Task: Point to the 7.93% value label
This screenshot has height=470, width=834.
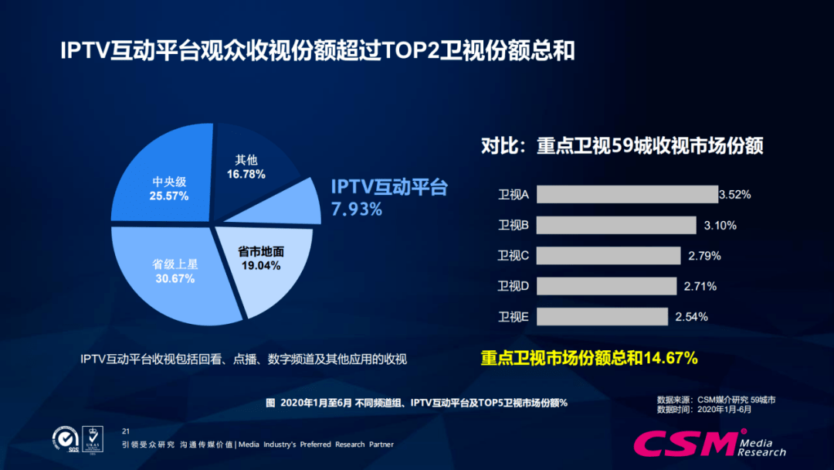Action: pyautogui.click(x=357, y=209)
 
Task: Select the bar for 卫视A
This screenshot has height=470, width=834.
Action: pyautogui.click(x=626, y=194)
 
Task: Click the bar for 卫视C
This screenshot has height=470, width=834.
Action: pyautogui.click(x=608, y=255)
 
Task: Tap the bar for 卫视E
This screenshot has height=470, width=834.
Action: pyautogui.click(x=602, y=316)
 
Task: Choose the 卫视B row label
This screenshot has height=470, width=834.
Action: pyautogui.click(x=513, y=225)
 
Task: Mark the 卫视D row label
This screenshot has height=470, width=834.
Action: pyautogui.click(x=513, y=286)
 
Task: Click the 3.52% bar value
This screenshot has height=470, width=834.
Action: pyautogui.click(x=735, y=195)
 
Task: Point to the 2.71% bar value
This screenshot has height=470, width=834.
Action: pyautogui.click(x=700, y=287)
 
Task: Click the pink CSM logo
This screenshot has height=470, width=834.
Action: pyautogui.click(x=683, y=443)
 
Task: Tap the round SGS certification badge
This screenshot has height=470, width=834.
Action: pyautogui.click(x=64, y=438)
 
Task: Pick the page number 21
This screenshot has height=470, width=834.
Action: pyautogui.click(x=127, y=430)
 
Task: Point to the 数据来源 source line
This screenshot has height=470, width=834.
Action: pyautogui.click(x=715, y=400)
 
